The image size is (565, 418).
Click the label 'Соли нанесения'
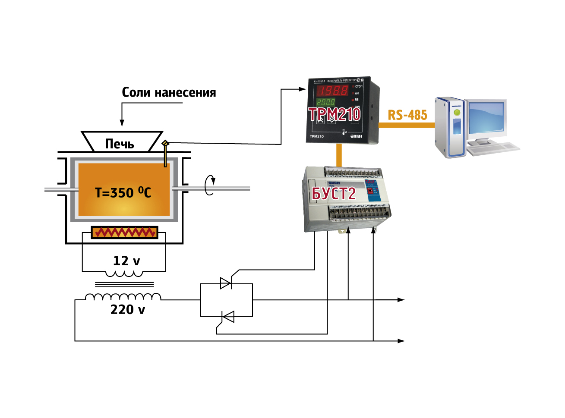169,92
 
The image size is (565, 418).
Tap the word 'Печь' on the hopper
120,144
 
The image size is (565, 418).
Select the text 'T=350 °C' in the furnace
123,192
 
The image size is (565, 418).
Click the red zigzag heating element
125,233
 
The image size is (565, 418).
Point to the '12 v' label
126,261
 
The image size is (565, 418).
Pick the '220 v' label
128,310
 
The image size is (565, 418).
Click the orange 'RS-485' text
407,115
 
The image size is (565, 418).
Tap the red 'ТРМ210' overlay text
335,114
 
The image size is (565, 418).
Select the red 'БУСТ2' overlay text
334,194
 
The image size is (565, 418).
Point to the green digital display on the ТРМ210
326,102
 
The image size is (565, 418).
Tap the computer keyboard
493,148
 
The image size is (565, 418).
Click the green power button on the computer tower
457,113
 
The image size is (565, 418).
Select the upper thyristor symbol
226,283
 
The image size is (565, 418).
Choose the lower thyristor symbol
227,317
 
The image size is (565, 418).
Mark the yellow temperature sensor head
165,143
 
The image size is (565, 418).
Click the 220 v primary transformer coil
123,297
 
